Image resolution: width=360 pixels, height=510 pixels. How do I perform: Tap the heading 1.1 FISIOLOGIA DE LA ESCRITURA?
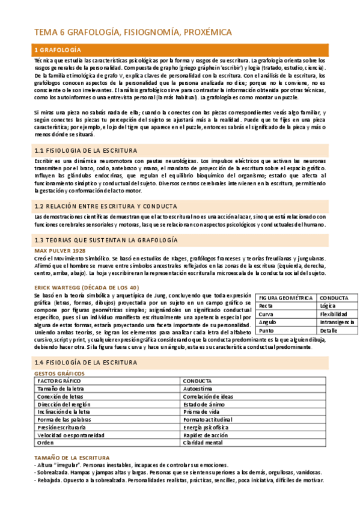pyautogui.click(x=86, y=150)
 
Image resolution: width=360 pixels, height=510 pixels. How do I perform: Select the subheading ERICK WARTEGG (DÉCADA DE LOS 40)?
pyautogui.click(x=87, y=287)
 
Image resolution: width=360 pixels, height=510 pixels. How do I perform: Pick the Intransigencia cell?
pyautogui.click(x=337, y=322)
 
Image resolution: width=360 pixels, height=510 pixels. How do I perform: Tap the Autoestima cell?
pyautogui.click(x=198, y=389)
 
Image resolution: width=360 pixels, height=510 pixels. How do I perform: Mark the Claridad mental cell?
pyautogui.click(x=203, y=443)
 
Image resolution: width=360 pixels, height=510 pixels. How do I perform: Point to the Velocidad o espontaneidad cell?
pyautogui.click(x=71, y=435)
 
